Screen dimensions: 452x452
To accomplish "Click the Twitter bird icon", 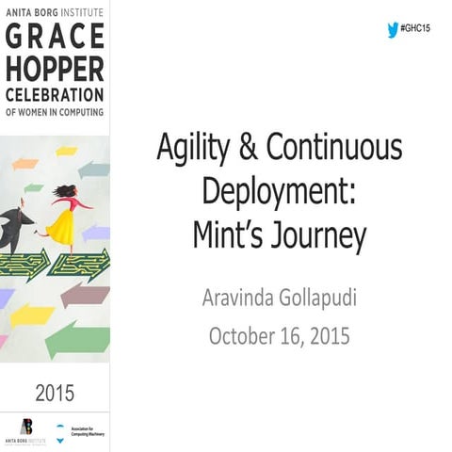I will point(393,30).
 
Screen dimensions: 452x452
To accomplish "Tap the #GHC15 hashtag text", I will point(415,30).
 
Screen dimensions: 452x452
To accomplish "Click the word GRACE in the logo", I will point(54,39).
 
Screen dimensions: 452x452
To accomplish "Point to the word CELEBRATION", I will point(54,95).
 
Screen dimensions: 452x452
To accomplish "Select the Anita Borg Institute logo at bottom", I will point(25,429).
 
